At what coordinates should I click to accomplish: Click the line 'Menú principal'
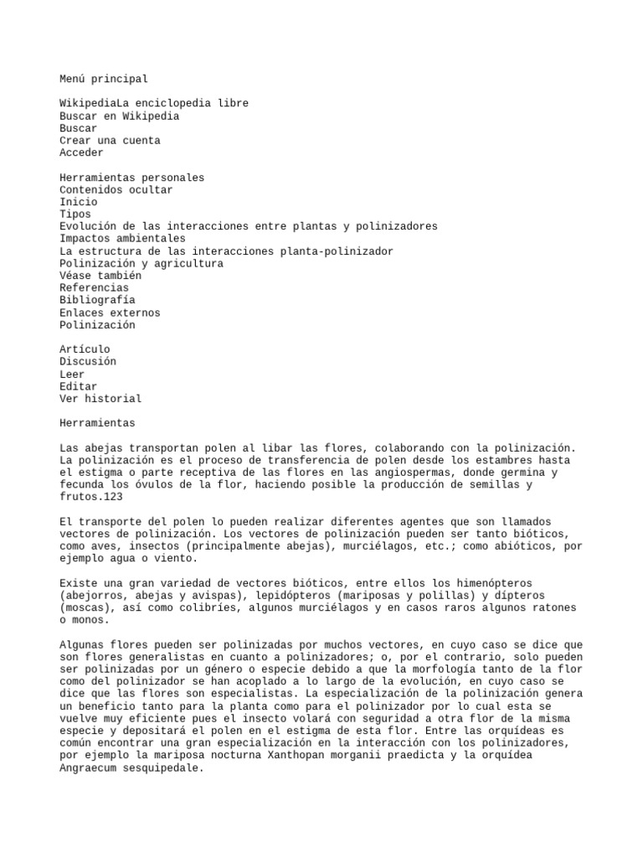[104, 79]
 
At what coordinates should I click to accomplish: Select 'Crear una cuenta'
[110, 141]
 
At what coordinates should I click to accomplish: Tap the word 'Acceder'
[81, 152]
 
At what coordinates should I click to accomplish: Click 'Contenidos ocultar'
[116, 189]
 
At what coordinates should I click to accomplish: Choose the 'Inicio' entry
[79, 202]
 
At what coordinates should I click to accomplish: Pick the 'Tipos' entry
[75, 214]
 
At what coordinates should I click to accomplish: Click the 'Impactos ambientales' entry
[122, 239]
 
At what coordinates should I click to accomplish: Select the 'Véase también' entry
[100, 276]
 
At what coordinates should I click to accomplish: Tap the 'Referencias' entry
[94, 287]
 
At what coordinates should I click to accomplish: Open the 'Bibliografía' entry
[97, 300]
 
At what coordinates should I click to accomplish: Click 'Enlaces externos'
[110, 313]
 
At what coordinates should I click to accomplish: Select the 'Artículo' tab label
[85, 349]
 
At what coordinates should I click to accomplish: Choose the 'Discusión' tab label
[88, 361]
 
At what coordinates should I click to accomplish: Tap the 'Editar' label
[79, 386]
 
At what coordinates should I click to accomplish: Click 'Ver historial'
[100, 398]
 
